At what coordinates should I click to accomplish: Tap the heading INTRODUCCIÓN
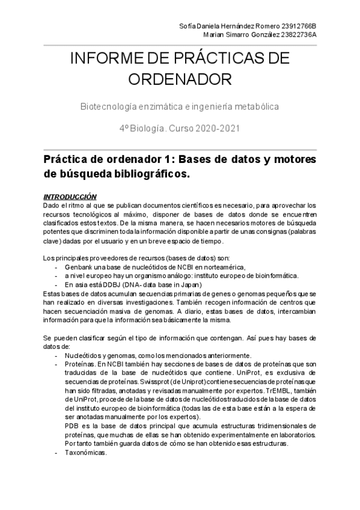click(x=70, y=197)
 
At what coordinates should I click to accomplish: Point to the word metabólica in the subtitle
click(x=257, y=106)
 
